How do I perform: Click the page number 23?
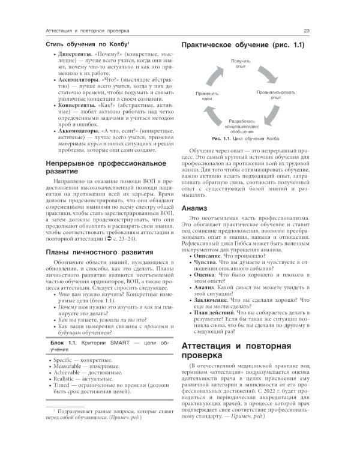click(307, 31)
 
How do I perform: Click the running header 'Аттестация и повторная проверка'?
click(92, 31)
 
